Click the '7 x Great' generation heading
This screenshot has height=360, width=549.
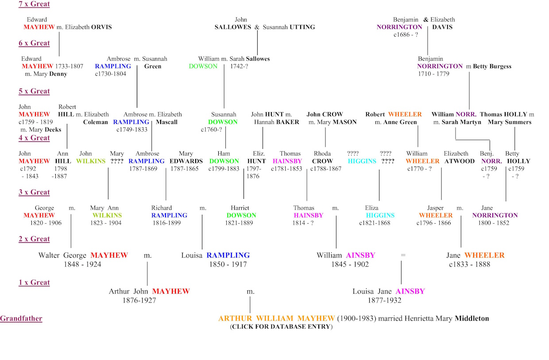[x=34, y=4]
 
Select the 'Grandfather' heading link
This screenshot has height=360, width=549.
[x=21, y=318]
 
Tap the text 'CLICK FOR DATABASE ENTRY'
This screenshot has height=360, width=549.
[x=281, y=327]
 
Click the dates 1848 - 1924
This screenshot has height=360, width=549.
[x=82, y=264]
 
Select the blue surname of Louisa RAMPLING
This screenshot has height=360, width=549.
[x=228, y=255]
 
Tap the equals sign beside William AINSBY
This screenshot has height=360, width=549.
[x=403, y=255]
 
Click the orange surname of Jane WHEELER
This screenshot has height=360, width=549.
[x=484, y=255]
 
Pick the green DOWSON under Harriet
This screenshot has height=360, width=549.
[x=241, y=216]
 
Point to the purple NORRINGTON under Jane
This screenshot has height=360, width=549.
[x=495, y=216]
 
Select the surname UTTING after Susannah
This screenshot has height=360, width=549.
[x=302, y=27]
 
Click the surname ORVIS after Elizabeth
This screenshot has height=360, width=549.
[x=101, y=27]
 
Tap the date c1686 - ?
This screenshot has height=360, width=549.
[x=406, y=35]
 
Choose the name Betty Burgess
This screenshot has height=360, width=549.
[x=492, y=66]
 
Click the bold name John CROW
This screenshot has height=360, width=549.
[x=325, y=114]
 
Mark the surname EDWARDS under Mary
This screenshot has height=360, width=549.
[x=186, y=161]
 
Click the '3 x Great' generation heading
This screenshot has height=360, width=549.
[x=34, y=193]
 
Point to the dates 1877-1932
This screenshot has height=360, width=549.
[x=384, y=300]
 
